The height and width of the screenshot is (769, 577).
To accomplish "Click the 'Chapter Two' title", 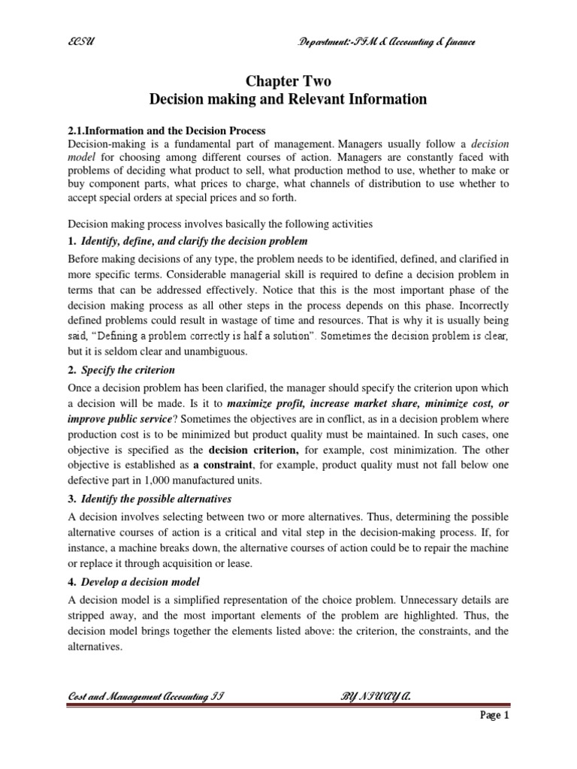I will tap(288, 81).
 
